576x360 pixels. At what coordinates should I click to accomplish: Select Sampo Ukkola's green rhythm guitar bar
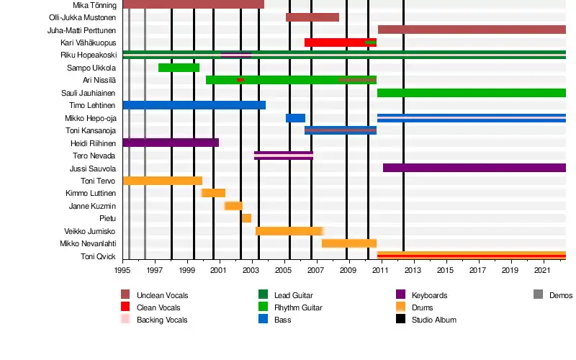[179, 68]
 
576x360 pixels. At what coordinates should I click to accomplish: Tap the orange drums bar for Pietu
[246, 218]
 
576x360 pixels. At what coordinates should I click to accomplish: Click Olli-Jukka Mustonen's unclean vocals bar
[312, 17]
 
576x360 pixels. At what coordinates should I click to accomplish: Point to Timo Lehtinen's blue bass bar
[194, 105]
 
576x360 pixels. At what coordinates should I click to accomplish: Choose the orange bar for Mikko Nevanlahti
[349, 243]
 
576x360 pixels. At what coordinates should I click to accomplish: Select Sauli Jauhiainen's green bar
[471, 93]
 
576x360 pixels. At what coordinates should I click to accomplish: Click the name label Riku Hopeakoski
[89, 55]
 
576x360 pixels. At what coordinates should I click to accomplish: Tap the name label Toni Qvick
[99, 256]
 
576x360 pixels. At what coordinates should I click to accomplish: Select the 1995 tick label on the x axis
[122, 270]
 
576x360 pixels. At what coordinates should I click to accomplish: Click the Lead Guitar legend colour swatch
[263, 295]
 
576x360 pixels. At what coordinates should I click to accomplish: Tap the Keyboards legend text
[429, 295]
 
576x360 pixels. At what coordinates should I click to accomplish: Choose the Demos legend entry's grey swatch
[538, 294]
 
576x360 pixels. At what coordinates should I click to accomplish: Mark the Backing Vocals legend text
[162, 320]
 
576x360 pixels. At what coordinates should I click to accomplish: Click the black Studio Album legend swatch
[400, 320]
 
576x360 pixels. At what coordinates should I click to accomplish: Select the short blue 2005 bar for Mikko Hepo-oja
[295, 118]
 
